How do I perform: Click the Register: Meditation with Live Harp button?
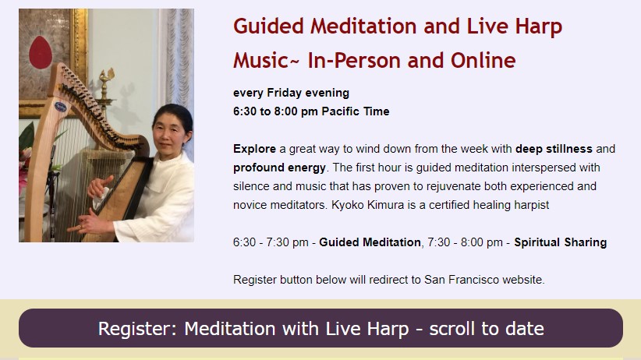(x=321, y=328)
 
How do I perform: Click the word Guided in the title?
(x=268, y=26)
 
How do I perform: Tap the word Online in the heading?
(x=483, y=61)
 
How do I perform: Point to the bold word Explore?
(x=254, y=149)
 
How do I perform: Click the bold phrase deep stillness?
(x=554, y=149)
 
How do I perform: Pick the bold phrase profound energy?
(x=279, y=168)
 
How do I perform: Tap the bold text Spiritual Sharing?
(x=561, y=242)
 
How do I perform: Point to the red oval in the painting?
(x=41, y=52)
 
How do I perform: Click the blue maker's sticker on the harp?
(x=61, y=107)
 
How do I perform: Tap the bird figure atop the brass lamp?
(x=106, y=76)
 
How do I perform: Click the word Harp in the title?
(x=538, y=27)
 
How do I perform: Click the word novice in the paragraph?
(x=250, y=205)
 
